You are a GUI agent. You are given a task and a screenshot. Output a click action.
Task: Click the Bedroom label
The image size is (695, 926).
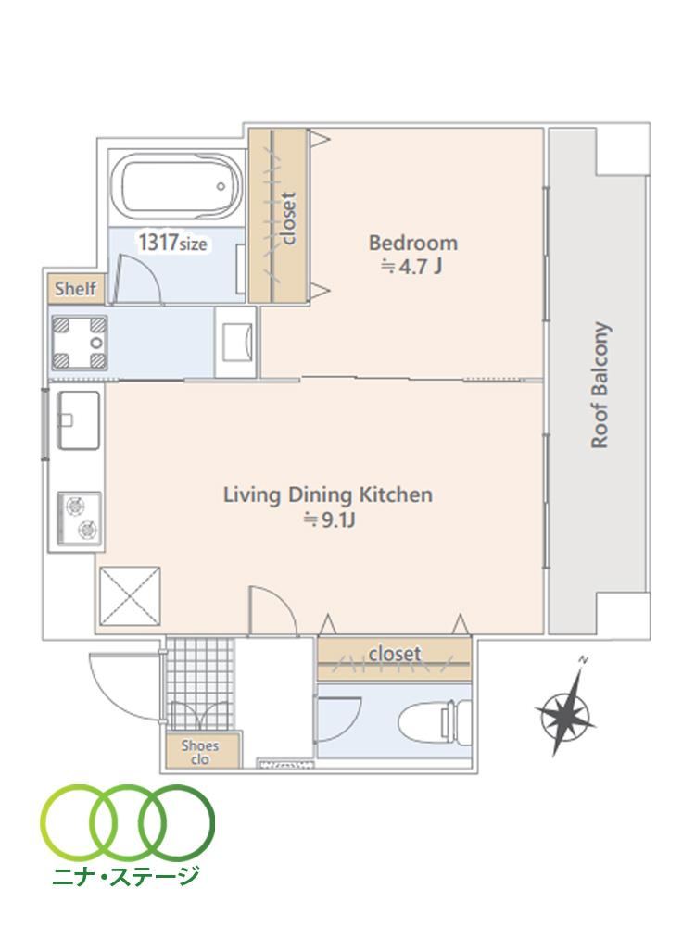413,243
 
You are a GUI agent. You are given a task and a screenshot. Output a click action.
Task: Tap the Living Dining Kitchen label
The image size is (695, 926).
328,494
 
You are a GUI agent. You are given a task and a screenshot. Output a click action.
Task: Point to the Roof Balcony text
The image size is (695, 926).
600,385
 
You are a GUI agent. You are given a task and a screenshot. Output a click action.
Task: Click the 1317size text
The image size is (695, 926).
172,243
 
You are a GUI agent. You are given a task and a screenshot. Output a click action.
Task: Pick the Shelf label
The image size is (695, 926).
76,289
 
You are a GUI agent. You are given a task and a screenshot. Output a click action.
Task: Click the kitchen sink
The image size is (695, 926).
78,419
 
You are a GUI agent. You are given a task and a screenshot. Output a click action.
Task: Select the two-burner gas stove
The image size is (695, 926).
79,519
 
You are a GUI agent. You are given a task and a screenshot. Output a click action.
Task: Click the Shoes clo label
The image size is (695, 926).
200,752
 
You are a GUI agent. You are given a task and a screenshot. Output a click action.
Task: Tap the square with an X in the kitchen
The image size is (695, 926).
130,595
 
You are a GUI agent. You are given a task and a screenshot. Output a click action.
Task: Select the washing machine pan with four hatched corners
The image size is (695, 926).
80,343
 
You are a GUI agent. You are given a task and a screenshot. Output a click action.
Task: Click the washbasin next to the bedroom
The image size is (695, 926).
235,343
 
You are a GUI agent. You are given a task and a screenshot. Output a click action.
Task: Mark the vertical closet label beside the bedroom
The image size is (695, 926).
288,218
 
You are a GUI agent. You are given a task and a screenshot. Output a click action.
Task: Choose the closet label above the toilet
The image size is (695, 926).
395,653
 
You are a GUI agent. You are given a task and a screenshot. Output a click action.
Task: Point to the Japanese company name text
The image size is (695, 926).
125,876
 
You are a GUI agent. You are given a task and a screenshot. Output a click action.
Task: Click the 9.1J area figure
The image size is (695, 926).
330,519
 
